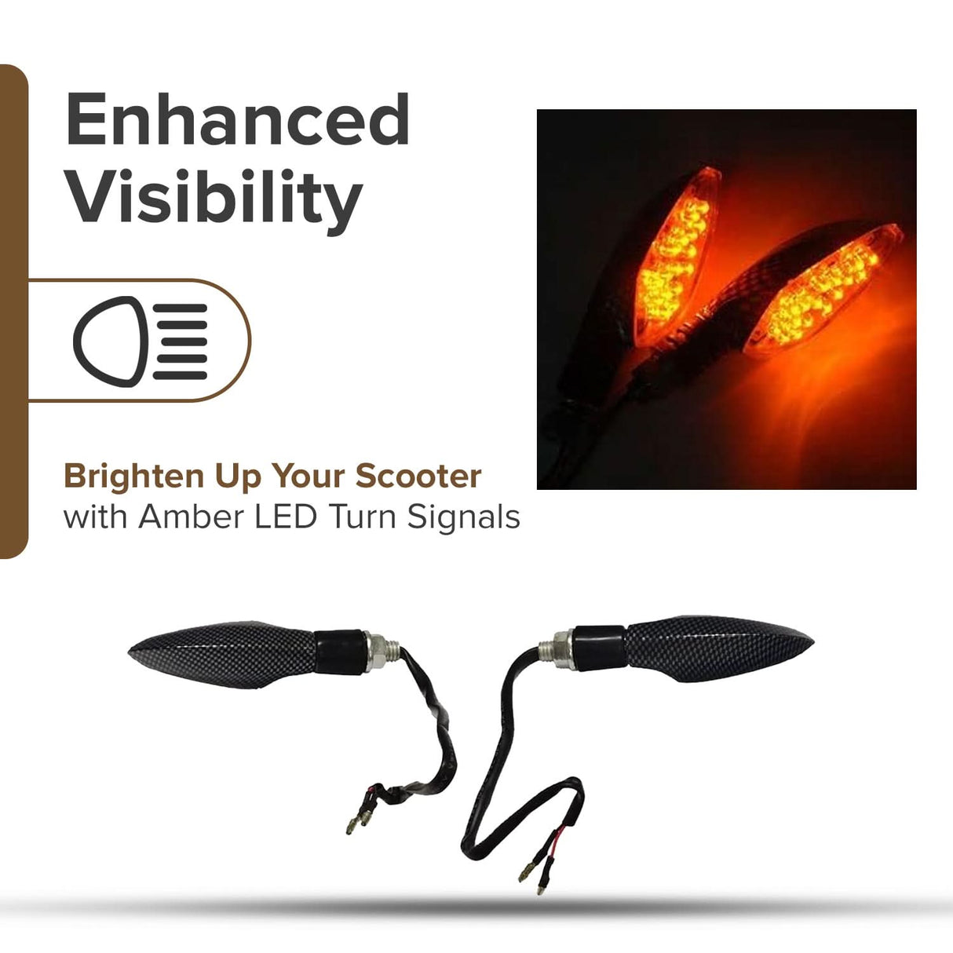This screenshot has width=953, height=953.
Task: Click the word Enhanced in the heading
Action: click(x=237, y=119)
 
